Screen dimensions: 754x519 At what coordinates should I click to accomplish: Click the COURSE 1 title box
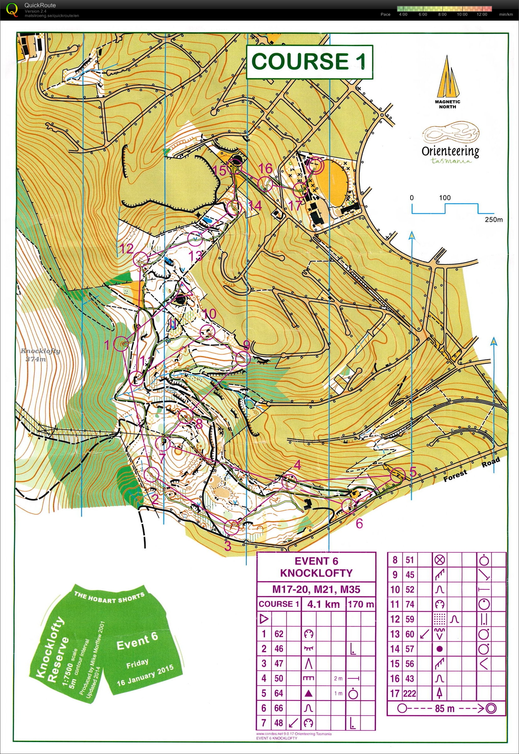pyautogui.click(x=309, y=61)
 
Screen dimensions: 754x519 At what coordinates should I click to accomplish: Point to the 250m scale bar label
pyautogui.click(x=493, y=219)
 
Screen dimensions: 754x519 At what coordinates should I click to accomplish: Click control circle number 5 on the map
pyautogui.click(x=397, y=476)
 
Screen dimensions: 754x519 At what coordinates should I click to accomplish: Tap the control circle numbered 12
pyautogui.click(x=141, y=258)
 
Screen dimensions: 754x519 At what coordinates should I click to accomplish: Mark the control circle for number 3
pyautogui.click(x=233, y=527)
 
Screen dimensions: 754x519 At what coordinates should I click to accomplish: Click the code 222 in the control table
pyautogui.click(x=410, y=693)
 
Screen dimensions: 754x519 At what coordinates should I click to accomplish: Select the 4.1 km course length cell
pyautogui.click(x=323, y=604)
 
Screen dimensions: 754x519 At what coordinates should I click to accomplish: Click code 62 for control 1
pyautogui.click(x=279, y=634)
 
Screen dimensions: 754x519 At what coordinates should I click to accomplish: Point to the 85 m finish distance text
pyautogui.click(x=445, y=708)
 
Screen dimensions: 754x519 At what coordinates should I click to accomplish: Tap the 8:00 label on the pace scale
pyautogui.click(x=442, y=14)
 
